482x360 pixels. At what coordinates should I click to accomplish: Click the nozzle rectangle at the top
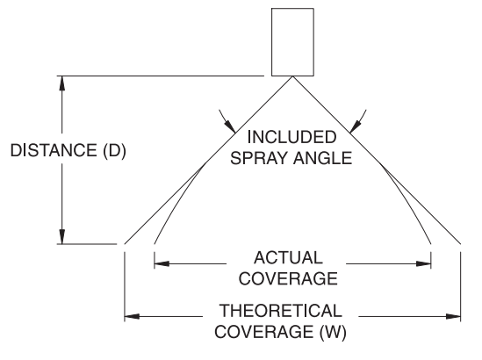click(x=292, y=42)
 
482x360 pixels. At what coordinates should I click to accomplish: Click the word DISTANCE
click(x=54, y=150)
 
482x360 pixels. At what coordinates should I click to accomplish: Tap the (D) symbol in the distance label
click(x=114, y=151)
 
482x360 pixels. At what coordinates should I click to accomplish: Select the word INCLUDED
click(x=291, y=137)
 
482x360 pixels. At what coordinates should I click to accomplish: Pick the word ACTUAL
click(x=288, y=257)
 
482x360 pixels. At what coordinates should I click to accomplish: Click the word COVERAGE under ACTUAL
click(x=288, y=278)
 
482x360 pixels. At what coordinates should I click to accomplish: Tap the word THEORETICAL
click(x=280, y=311)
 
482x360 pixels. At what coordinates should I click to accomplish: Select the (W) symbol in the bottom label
click(x=334, y=332)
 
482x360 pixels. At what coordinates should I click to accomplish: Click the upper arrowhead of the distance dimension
click(x=62, y=83)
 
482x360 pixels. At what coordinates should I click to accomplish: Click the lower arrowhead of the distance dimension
click(x=62, y=237)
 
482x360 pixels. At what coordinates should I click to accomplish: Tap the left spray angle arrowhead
click(x=230, y=126)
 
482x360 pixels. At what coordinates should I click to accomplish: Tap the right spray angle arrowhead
click(x=356, y=126)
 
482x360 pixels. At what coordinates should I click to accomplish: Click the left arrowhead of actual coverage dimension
click(x=162, y=263)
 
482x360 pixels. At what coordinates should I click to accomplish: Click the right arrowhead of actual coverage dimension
click(x=423, y=263)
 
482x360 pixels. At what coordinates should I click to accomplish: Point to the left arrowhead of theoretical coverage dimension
click(x=132, y=316)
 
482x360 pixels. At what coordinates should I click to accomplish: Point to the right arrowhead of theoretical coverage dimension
click(x=453, y=316)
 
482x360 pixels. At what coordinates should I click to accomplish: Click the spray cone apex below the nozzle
click(x=292, y=76)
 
